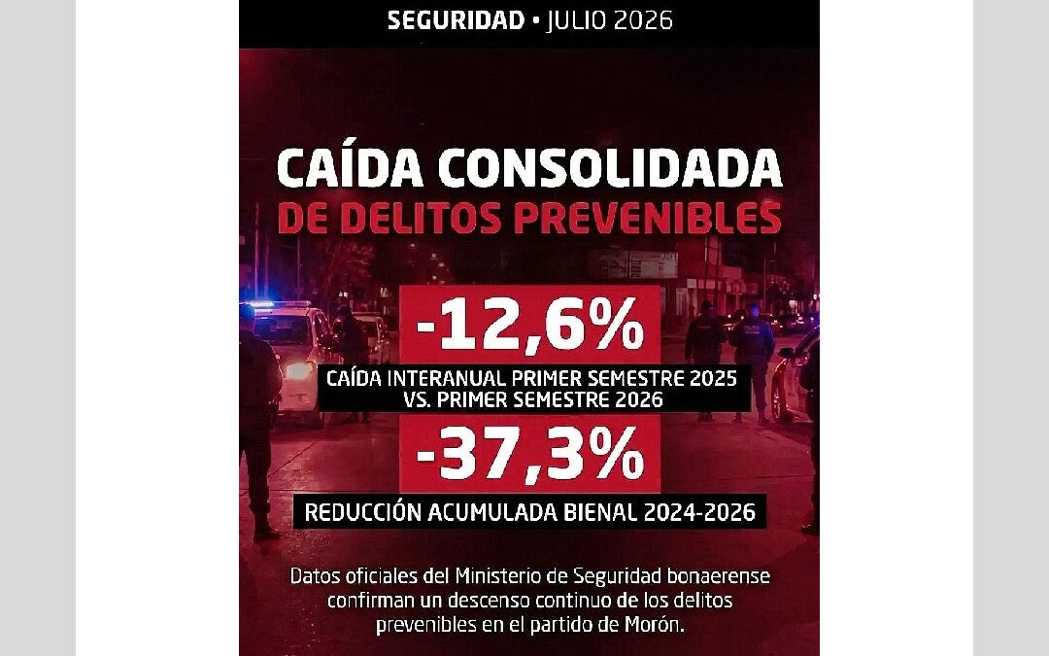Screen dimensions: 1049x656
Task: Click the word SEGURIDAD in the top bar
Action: pyautogui.click(x=456, y=20)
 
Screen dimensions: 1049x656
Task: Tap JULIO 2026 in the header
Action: pyautogui.click(x=609, y=20)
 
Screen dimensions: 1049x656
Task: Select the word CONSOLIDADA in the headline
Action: pyautogui.click(x=610, y=169)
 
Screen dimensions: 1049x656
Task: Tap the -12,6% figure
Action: pyautogui.click(x=530, y=324)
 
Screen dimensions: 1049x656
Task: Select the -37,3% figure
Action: pyautogui.click(x=530, y=454)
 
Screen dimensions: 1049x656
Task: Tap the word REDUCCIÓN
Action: pyautogui.click(x=362, y=512)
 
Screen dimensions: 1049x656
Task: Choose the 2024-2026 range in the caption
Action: pyautogui.click(x=699, y=512)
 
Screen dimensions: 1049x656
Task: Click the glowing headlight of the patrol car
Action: pyautogui.click(x=297, y=369)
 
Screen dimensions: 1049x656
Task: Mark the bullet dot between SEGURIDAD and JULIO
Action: pyautogui.click(x=534, y=21)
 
